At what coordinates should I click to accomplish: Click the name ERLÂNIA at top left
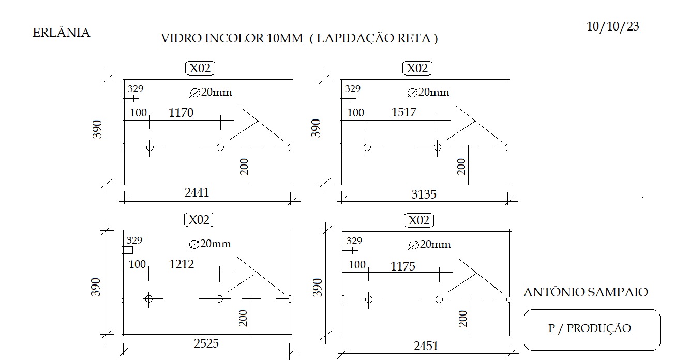point(61,32)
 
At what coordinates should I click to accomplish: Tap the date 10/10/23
point(612,26)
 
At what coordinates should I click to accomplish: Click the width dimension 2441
point(197,192)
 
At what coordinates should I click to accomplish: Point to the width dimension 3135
point(424,194)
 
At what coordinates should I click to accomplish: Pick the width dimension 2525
point(206,343)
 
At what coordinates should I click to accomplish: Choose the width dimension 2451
point(426,346)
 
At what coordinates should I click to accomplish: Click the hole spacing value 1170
point(181,113)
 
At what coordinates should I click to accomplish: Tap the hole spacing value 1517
point(404,112)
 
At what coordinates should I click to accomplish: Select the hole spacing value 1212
point(182,264)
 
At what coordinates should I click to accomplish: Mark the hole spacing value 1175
point(403,266)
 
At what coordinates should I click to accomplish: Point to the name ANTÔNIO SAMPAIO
point(586,292)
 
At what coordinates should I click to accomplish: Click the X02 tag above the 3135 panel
point(417,68)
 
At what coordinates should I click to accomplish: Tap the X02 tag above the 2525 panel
point(199,220)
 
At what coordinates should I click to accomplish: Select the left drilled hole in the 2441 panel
point(150,147)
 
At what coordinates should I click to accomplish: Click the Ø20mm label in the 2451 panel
point(430,244)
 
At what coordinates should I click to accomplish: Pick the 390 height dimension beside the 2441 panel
point(97,129)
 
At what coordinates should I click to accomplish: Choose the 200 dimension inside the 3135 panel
point(461,167)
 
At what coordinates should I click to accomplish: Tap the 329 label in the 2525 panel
point(134,240)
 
